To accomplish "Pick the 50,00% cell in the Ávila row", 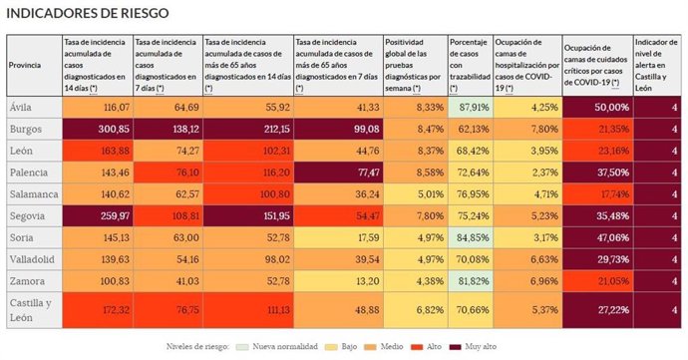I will (x=596, y=106).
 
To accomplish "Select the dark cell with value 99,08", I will (x=338, y=129).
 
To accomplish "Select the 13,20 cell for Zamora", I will (x=338, y=281).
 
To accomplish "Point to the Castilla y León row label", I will (x=31, y=309).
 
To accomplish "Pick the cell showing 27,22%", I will (x=596, y=309).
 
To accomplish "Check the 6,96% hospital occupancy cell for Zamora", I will (x=526, y=281).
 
